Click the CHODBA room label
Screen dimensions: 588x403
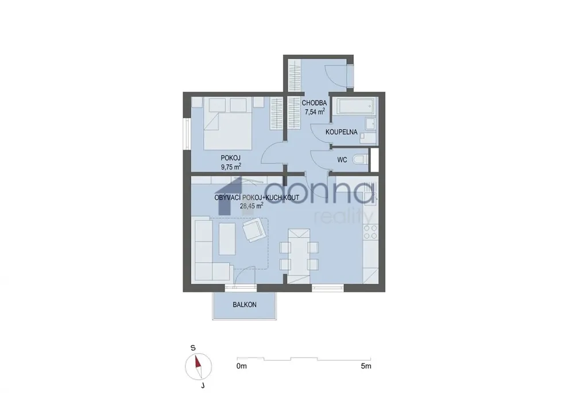click(314, 103)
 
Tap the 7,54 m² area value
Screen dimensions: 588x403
click(315, 111)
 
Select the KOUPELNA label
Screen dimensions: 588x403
click(341, 132)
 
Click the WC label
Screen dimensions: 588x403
click(342, 160)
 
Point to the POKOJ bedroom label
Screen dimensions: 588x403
click(230, 158)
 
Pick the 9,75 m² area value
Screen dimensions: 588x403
click(231, 167)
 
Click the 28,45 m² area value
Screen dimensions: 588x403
click(252, 206)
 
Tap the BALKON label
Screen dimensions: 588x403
click(245, 305)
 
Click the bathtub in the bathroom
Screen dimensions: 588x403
click(355, 106)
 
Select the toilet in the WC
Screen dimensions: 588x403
click(361, 160)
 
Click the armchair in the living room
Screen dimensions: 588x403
click(254, 230)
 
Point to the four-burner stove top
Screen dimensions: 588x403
click(370, 232)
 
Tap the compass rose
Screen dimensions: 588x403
click(198, 367)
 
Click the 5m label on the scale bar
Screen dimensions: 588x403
click(366, 366)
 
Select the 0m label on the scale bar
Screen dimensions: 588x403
click(242, 366)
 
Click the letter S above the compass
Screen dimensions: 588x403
click(193, 348)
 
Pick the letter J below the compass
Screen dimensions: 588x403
click(203, 385)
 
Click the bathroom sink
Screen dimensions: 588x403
click(371, 123)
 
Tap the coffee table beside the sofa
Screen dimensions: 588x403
click(227, 239)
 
